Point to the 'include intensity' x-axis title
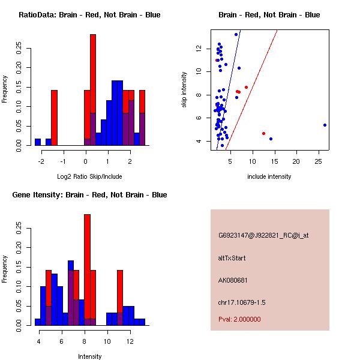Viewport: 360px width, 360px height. pyautogui.click(x=269, y=176)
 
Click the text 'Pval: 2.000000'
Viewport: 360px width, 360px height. pyautogui.click(x=239, y=319)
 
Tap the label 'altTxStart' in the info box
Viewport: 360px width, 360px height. pyautogui.click(x=232, y=258)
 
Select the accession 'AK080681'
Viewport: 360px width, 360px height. pyautogui.click(x=233, y=280)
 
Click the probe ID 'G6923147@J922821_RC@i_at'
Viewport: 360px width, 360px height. pyautogui.click(x=263, y=236)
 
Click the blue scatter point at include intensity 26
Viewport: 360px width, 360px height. pyautogui.click(x=325, y=125)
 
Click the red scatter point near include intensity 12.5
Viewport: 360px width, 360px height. pyautogui.click(x=263, y=133)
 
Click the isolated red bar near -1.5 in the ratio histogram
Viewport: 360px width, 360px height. pyautogui.click(x=54, y=117)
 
